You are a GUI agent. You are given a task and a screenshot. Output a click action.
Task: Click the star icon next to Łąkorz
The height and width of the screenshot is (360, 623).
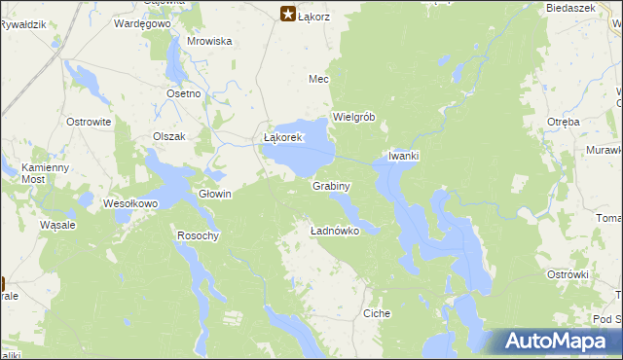(x=288, y=14)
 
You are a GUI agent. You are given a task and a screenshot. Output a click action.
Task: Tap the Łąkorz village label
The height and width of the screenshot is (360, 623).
(x=315, y=16)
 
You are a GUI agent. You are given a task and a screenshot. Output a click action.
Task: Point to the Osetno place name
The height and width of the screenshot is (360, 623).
(x=183, y=92)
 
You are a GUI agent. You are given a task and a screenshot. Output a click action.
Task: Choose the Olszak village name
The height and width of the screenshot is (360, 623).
(x=168, y=136)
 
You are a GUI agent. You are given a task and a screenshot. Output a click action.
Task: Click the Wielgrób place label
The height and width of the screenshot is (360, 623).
(x=354, y=117)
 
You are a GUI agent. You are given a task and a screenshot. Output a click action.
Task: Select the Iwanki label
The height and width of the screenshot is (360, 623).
(x=404, y=156)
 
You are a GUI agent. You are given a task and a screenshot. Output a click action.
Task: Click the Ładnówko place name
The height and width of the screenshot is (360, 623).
(x=335, y=231)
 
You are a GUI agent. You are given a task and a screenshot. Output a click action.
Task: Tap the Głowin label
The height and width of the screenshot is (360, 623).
(x=215, y=194)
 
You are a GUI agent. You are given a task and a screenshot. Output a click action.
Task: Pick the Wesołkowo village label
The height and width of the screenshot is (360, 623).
(x=130, y=204)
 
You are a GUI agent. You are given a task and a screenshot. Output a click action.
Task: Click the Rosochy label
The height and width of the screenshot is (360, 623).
(x=199, y=235)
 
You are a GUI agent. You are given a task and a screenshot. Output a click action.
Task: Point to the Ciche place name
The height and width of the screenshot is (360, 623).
(x=377, y=313)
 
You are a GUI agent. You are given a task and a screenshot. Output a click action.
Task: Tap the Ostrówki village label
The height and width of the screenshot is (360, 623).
(x=568, y=274)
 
